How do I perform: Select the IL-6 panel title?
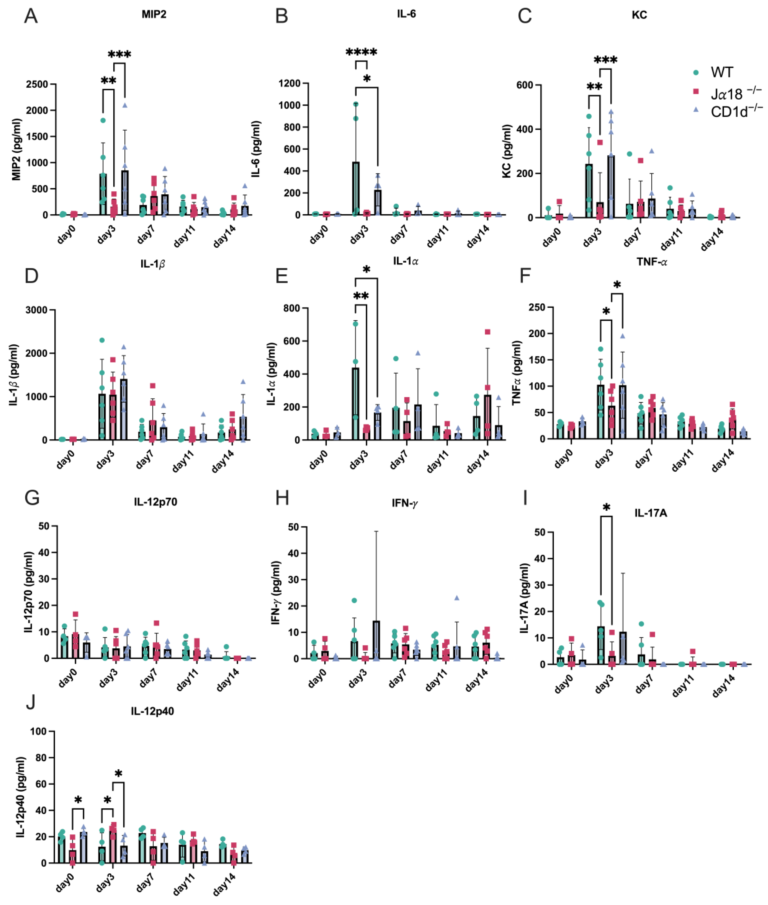pyautogui.click(x=406, y=14)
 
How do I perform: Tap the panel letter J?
pyautogui.click(x=30, y=702)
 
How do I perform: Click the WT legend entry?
pyautogui.click(x=721, y=72)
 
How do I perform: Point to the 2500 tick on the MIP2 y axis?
pyautogui.click(x=37, y=84)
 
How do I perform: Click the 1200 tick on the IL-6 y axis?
pyautogui.click(x=289, y=83)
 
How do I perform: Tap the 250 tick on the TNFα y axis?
pyautogui.click(x=537, y=307)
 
